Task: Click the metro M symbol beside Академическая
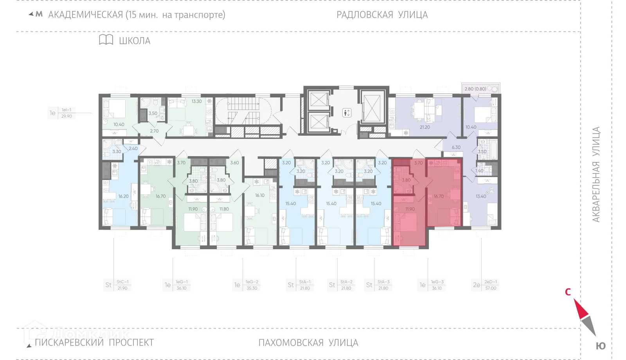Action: coord(39,14)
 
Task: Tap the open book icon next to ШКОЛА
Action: coord(106,40)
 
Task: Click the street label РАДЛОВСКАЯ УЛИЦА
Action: coord(382,15)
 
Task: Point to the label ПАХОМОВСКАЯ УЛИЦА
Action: coord(308,343)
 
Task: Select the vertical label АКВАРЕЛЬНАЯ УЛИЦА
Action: coord(596,175)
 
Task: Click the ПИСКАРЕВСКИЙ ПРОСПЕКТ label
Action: coord(94,342)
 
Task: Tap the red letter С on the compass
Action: coord(568,292)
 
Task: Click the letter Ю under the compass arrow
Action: coord(601,346)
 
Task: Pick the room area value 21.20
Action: coord(425,127)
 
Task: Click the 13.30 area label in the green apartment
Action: coord(197,101)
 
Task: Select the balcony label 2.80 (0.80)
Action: coord(475,89)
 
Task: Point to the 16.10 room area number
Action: coord(260,195)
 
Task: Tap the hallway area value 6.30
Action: coord(456,148)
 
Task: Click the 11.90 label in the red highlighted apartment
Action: coord(410,209)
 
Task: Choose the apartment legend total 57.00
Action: coord(491,288)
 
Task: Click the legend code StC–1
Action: coord(122,282)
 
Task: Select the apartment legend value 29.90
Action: coord(67,116)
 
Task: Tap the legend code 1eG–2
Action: coord(252,282)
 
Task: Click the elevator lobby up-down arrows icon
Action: coord(347,113)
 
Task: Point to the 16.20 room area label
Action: coord(123,196)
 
